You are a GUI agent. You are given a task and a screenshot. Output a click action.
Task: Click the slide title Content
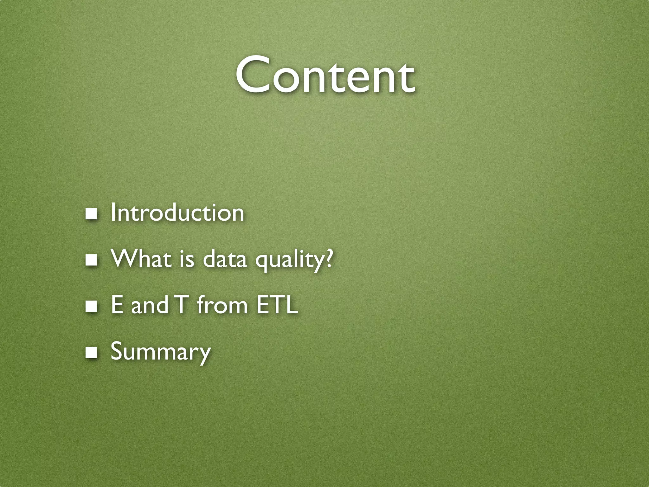click(x=324, y=75)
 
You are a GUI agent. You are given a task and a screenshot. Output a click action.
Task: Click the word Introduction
click(x=177, y=213)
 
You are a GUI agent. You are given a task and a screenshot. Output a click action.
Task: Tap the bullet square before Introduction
click(x=92, y=214)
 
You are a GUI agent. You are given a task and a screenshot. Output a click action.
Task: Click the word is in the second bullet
click(x=187, y=259)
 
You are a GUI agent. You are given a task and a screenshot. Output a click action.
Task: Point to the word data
click(x=224, y=259)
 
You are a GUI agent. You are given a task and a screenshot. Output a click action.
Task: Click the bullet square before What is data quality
click(x=92, y=260)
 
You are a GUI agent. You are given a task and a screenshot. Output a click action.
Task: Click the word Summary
click(x=160, y=352)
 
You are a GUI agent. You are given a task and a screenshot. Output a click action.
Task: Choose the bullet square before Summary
click(x=92, y=353)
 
